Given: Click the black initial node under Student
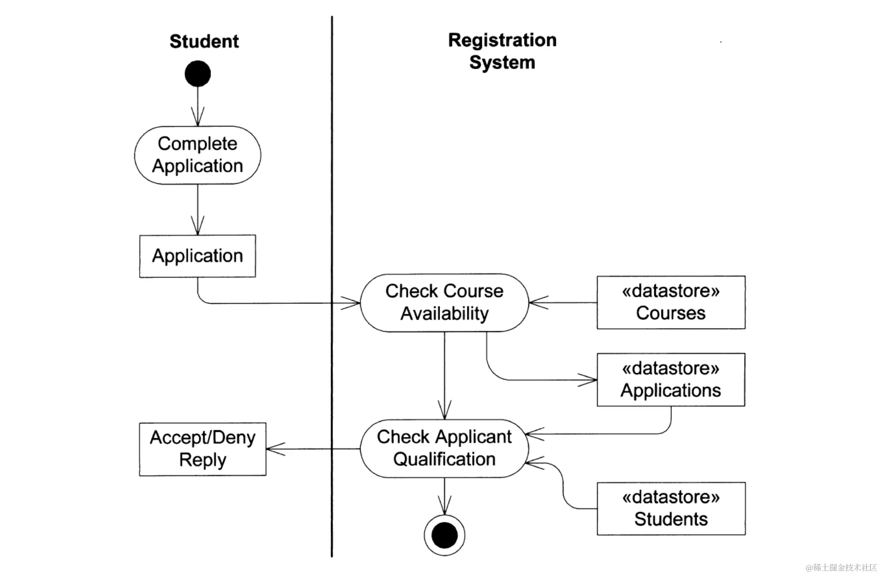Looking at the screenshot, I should click(198, 74).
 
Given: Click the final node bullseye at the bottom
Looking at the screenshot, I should click(444, 535).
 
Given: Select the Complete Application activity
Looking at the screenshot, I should click(198, 155).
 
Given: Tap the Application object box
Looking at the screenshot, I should click(198, 256).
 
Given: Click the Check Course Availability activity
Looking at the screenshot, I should click(444, 303).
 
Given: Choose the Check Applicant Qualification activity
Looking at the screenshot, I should click(444, 448).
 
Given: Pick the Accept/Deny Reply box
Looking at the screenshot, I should click(203, 449).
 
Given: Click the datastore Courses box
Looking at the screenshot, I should click(671, 302).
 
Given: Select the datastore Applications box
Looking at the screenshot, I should click(671, 380).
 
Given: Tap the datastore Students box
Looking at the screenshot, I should click(671, 509).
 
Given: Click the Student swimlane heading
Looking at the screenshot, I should click(204, 41).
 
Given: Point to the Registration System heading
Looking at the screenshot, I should click(502, 51).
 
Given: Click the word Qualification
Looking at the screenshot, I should click(444, 460).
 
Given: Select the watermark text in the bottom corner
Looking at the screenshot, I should click(841, 567).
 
